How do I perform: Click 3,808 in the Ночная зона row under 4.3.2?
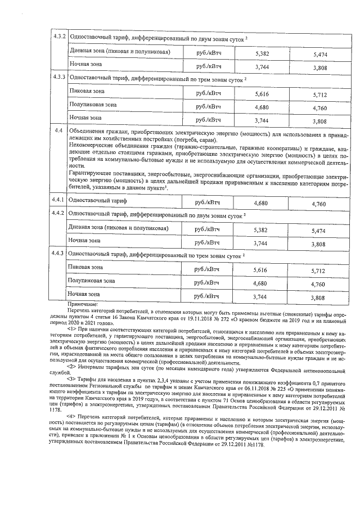pos(319,69)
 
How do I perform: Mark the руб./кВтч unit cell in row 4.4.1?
pos(206,201)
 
